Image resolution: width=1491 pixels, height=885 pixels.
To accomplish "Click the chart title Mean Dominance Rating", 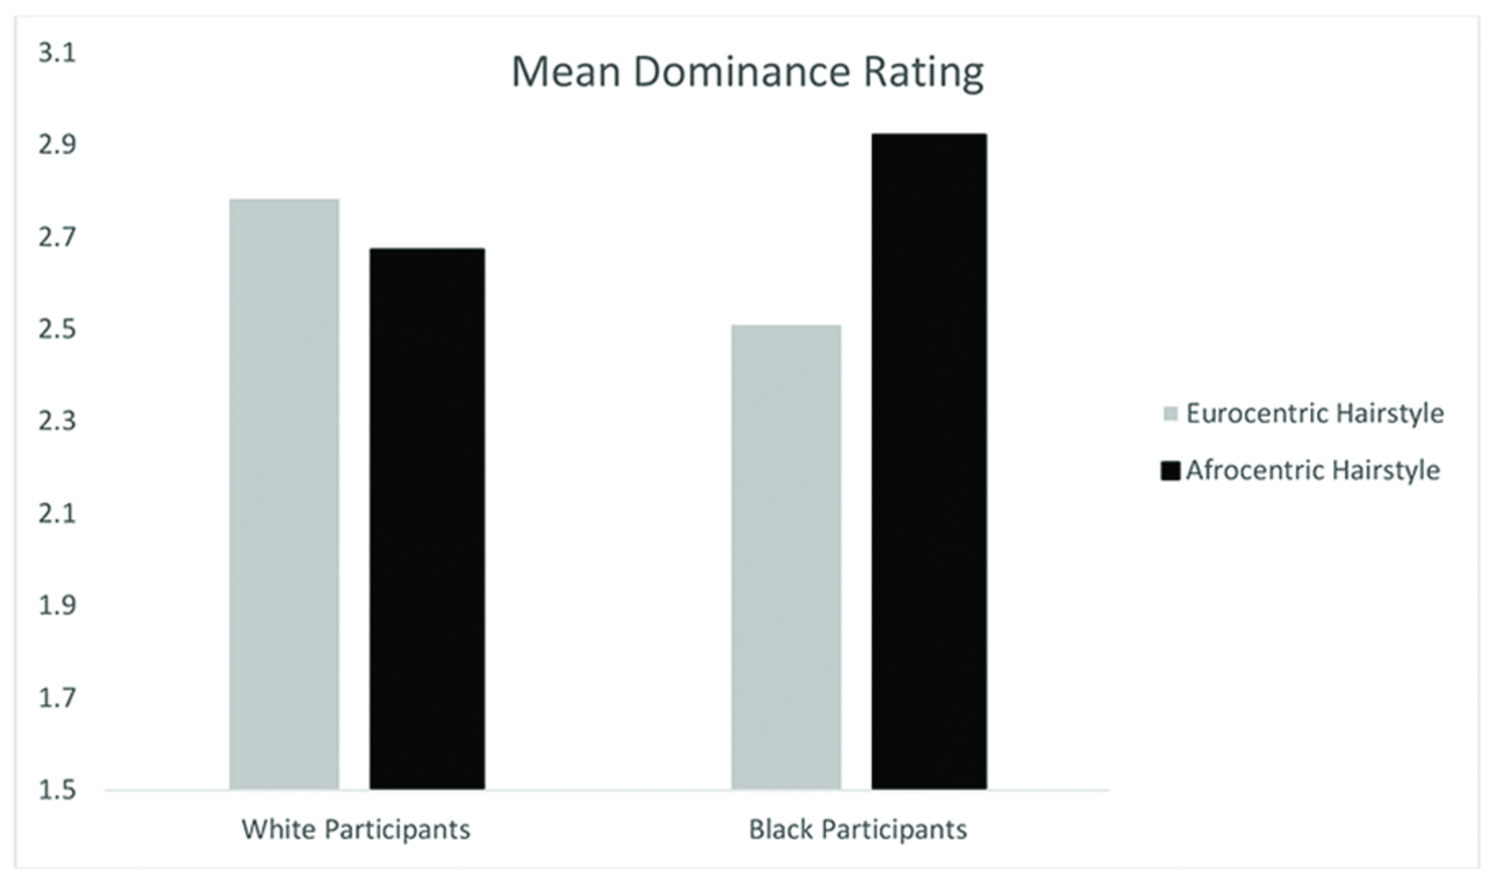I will pyautogui.click(x=746, y=73).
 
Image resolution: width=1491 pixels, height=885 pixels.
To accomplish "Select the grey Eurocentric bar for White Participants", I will pyautogui.click(x=284, y=494).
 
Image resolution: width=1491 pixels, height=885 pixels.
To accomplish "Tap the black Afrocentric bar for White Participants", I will pyautogui.click(x=427, y=518).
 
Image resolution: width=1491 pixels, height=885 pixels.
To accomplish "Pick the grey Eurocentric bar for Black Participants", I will pyautogui.click(x=786, y=557).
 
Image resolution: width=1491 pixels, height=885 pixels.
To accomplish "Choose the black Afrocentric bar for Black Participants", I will pyautogui.click(x=929, y=461).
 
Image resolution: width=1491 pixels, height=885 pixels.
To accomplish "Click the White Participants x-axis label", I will pyautogui.click(x=356, y=829).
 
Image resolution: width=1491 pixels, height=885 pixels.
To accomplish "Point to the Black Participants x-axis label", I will pyautogui.click(x=858, y=829).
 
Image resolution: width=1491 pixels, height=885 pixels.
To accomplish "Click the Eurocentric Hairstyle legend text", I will pyautogui.click(x=1314, y=414).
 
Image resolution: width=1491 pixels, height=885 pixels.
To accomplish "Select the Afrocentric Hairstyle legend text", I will pyautogui.click(x=1312, y=470).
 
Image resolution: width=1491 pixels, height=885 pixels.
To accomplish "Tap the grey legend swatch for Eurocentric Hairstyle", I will pyautogui.click(x=1171, y=414).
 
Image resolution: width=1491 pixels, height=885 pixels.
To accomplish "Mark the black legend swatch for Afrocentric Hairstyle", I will pyautogui.click(x=1170, y=470).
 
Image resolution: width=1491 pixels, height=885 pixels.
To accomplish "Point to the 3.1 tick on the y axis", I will pyautogui.click(x=57, y=53).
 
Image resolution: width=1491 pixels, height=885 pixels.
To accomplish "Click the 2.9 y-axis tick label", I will pyautogui.click(x=57, y=145).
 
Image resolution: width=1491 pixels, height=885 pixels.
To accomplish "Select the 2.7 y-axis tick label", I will pyautogui.click(x=57, y=237).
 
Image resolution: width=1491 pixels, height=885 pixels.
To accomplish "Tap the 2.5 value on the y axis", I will pyautogui.click(x=57, y=329).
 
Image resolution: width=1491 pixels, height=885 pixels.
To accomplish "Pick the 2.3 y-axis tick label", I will pyautogui.click(x=57, y=421).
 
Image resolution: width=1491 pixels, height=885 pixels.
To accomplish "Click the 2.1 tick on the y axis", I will pyautogui.click(x=57, y=513).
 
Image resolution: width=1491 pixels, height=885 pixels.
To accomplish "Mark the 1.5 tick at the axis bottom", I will pyautogui.click(x=57, y=790).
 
